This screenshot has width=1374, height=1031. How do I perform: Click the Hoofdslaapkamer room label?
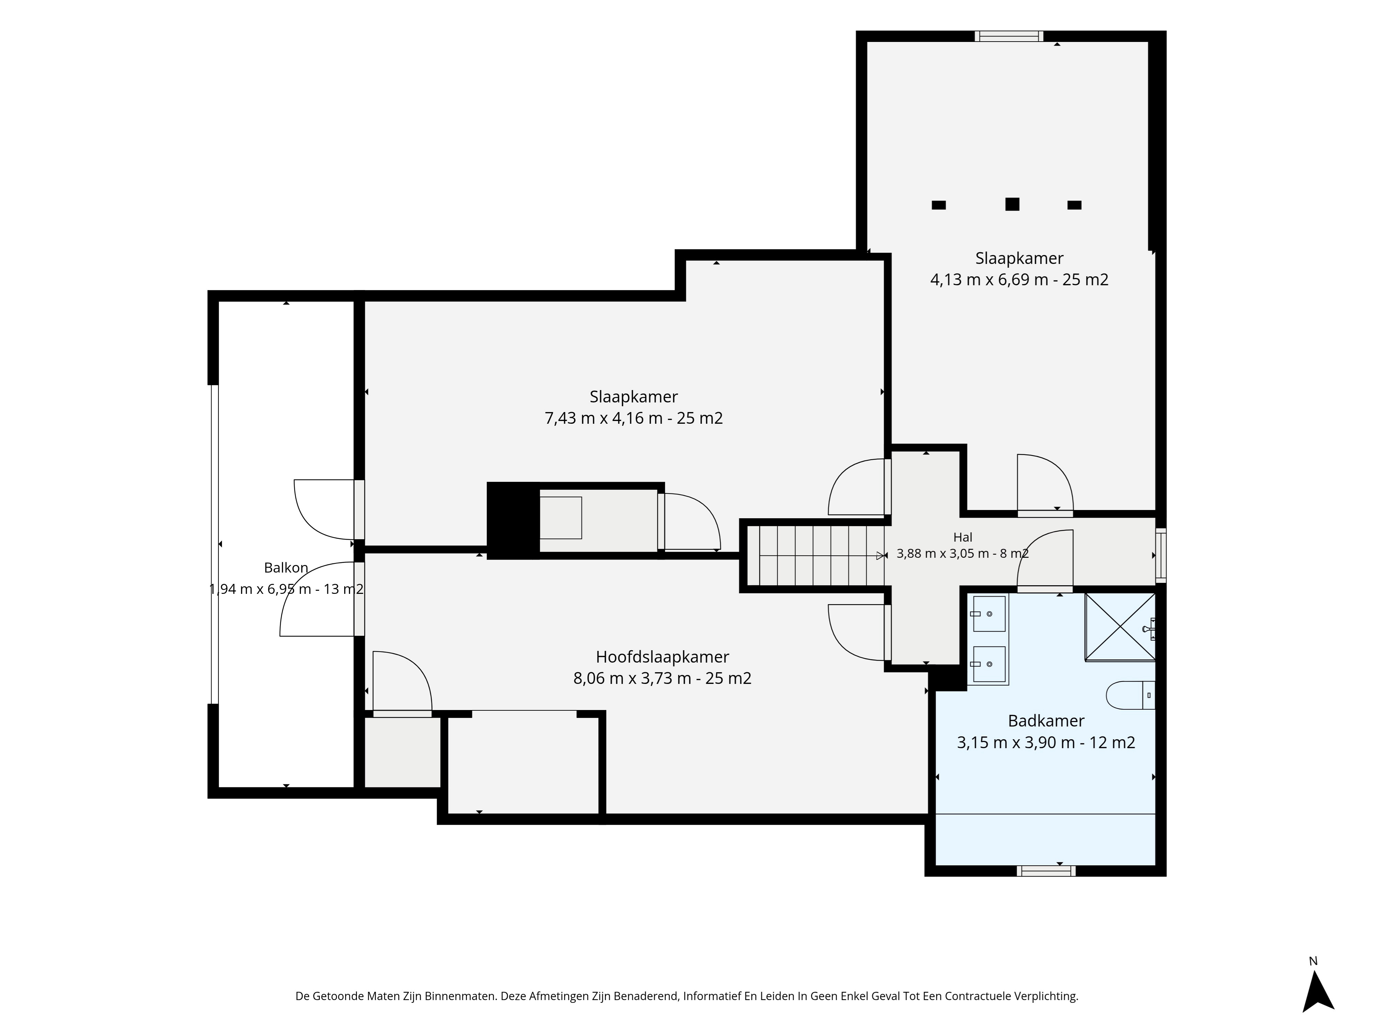662,657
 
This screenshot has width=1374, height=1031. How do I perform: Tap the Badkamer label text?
1046,721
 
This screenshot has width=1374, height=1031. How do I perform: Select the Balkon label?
286,567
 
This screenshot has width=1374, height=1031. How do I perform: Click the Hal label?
963,537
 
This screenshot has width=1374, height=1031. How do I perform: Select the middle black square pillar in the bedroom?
1013,204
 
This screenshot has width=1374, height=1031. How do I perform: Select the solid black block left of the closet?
513,521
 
